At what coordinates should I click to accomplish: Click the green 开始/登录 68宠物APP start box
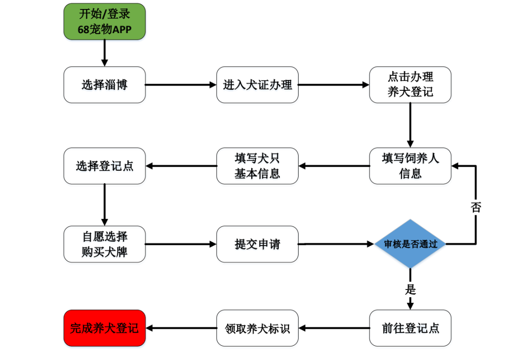click(105, 21)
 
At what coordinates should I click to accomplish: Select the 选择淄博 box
click(105, 85)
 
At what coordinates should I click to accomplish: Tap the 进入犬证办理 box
click(257, 85)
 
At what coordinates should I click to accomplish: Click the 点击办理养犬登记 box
click(410, 85)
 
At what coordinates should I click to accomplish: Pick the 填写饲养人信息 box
click(410, 166)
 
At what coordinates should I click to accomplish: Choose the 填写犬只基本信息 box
click(257, 166)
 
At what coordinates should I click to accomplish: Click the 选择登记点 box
click(105, 166)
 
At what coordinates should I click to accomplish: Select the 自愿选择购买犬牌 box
click(105, 244)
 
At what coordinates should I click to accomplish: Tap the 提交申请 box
click(257, 244)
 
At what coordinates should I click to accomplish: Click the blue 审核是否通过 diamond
click(410, 244)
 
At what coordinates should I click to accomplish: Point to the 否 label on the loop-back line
click(476, 207)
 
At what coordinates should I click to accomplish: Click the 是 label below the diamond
click(410, 290)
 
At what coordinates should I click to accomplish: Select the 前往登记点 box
click(410, 328)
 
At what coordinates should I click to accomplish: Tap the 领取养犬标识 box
click(257, 328)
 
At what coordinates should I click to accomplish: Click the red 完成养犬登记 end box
click(105, 328)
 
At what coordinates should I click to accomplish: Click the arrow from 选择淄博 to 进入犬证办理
click(181, 85)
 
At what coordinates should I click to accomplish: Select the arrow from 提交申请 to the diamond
click(336, 244)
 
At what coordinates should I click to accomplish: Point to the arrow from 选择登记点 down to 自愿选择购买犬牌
click(105, 204)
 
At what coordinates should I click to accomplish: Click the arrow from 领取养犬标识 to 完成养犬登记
click(181, 328)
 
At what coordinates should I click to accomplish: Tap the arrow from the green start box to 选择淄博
click(105, 53)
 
